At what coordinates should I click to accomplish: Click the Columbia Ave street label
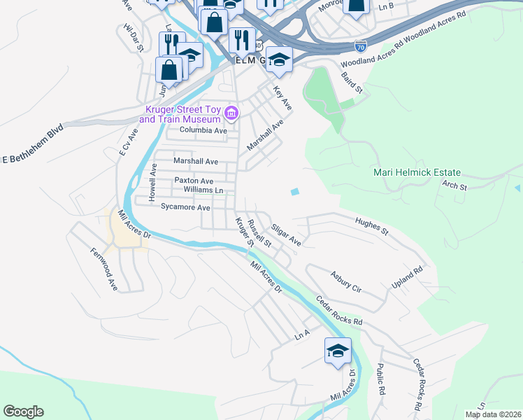(x=203, y=131)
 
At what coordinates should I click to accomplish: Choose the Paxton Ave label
(x=194, y=181)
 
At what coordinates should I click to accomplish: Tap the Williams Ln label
(x=203, y=190)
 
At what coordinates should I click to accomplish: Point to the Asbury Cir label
(x=346, y=283)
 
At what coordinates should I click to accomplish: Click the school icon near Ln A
(x=338, y=351)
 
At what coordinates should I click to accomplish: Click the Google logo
(x=23, y=412)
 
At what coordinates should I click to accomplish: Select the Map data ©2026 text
(x=493, y=414)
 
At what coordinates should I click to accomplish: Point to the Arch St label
(x=454, y=186)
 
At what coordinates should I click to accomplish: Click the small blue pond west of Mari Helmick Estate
(x=295, y=192)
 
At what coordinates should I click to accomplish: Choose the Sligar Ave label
(x=285, y=234)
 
